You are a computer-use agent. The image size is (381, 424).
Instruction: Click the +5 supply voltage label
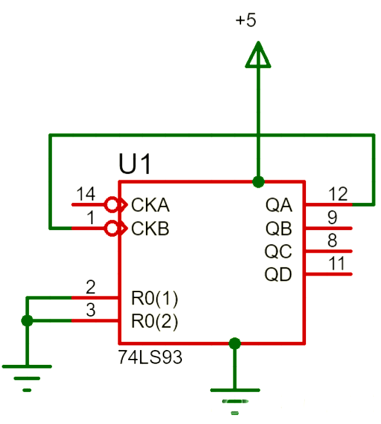point(246,20)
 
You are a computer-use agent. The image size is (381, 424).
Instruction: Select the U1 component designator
point(135,164)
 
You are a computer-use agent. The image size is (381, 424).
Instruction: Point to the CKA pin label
point(151,205)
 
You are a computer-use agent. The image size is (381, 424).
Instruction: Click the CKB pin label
point(151,228)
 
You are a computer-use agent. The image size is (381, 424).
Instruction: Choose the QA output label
point(279,205)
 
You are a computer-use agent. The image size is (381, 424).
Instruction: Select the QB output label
point(279,228)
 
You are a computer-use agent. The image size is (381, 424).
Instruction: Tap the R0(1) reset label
point(154,298)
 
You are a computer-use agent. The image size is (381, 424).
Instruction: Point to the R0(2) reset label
point(154,322)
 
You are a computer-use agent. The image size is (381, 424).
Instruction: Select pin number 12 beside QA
point(338,194)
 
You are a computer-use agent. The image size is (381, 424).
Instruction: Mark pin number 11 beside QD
point(337,263)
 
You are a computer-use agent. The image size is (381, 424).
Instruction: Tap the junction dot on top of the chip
point(258,181)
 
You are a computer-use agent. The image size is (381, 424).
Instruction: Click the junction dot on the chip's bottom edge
point(235,343)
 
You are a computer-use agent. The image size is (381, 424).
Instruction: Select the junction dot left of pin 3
point(27,321)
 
